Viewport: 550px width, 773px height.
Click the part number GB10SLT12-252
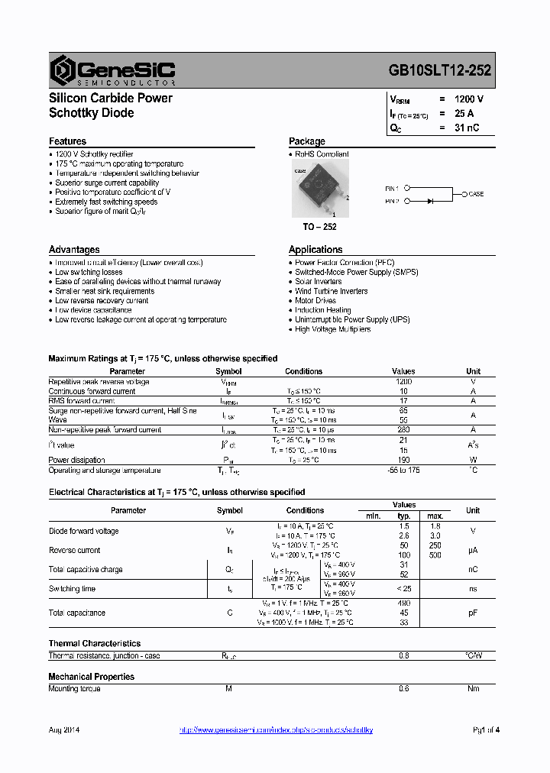click(x=440, y=70)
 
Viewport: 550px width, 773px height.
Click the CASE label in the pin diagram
click(x=476, y=194)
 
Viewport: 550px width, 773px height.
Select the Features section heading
click(x=67, y=141)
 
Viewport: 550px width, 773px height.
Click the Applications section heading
click(x=315, y=250)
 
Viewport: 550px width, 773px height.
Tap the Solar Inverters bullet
click(x=319, y=282)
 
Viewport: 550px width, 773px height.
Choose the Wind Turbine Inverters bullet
click(x=331, y=291)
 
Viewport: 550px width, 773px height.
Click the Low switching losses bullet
click(x=88, y=272)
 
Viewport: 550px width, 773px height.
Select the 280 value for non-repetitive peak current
click(x=403, y=430)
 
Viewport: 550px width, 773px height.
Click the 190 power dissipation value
click(x=403, y=460)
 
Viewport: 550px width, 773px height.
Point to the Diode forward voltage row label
click(x=83, y=531)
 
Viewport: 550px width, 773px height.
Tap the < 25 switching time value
click(x=403, y=589)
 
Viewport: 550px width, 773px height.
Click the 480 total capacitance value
click(x=403, y=603)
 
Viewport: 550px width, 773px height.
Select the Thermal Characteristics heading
click(x=95, y=644)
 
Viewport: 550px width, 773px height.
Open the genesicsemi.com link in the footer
click(x=276, y=731)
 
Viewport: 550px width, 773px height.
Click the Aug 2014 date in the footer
click(x=64, y=731)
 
